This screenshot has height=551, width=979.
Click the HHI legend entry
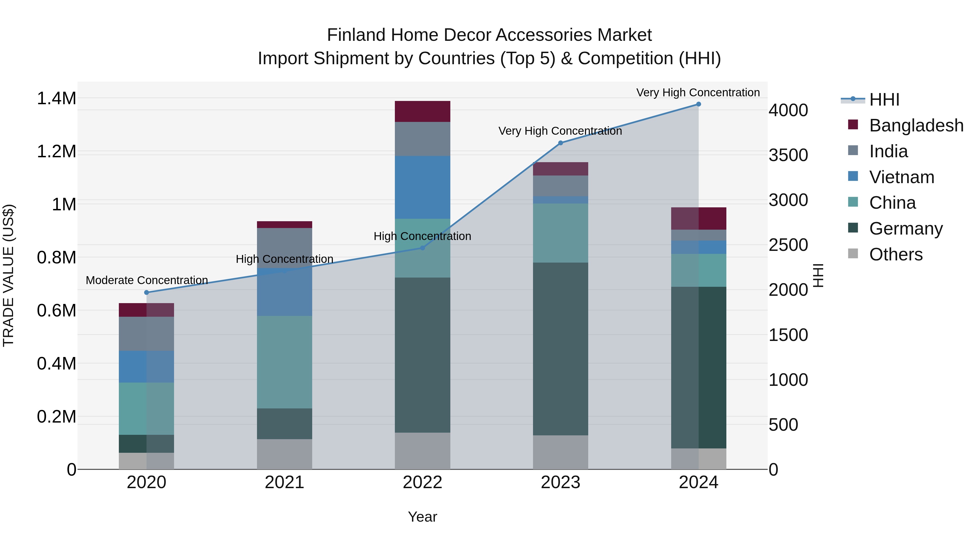884,100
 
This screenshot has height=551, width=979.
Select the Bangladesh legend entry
916,125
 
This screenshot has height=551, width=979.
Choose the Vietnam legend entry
901,177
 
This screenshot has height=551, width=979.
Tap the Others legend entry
896,254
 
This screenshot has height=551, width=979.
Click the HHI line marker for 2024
699,104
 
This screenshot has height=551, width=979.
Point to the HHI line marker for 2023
560,143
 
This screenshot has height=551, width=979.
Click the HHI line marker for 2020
147,293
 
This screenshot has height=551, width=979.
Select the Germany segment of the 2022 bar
422,355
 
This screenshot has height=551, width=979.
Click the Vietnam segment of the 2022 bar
422,187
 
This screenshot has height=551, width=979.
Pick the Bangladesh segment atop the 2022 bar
422,111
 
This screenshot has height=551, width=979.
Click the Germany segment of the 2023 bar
560,349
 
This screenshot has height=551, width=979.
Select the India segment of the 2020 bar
147,334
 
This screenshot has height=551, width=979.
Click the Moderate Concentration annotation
147,280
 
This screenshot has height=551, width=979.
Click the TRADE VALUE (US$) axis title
8,275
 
